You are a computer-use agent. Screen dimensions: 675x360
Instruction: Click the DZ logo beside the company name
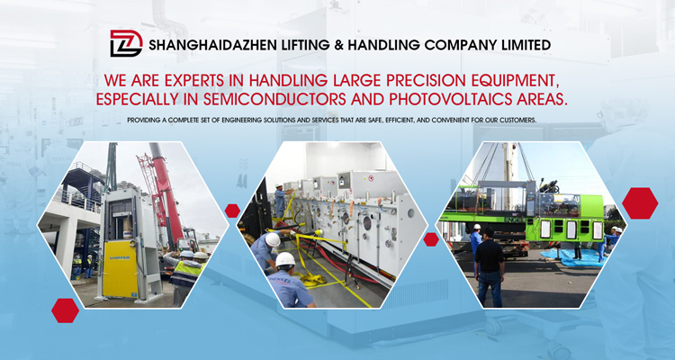(x=126, y=43)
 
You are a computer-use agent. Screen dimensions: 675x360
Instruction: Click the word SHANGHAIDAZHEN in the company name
(x=213, y=45)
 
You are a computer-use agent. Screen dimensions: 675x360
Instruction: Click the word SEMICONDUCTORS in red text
(x=274, y=99)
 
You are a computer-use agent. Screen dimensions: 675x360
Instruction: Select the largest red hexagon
(x=640, y=203)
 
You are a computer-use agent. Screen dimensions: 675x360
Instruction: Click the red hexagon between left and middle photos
(x=232, y=211)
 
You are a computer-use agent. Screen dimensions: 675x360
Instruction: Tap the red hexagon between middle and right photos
(x=431, y=239)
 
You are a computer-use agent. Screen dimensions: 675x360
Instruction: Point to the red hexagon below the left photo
(x=65, y=310)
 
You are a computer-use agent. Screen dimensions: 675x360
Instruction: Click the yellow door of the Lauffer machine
(x=119, y=269)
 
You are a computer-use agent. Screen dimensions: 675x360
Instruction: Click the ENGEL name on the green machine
(x=515, y=219)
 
